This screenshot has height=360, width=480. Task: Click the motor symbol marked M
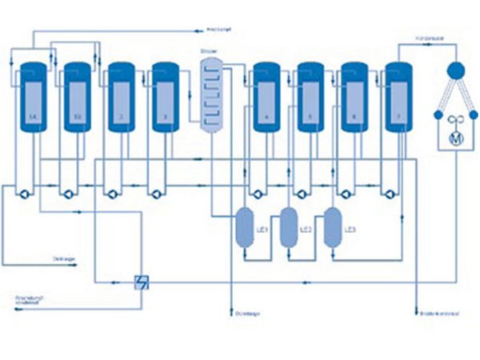coord(458,138)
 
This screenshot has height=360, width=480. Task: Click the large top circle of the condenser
coord(458,70)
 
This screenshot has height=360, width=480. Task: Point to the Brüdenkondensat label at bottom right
coord(438,312)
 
